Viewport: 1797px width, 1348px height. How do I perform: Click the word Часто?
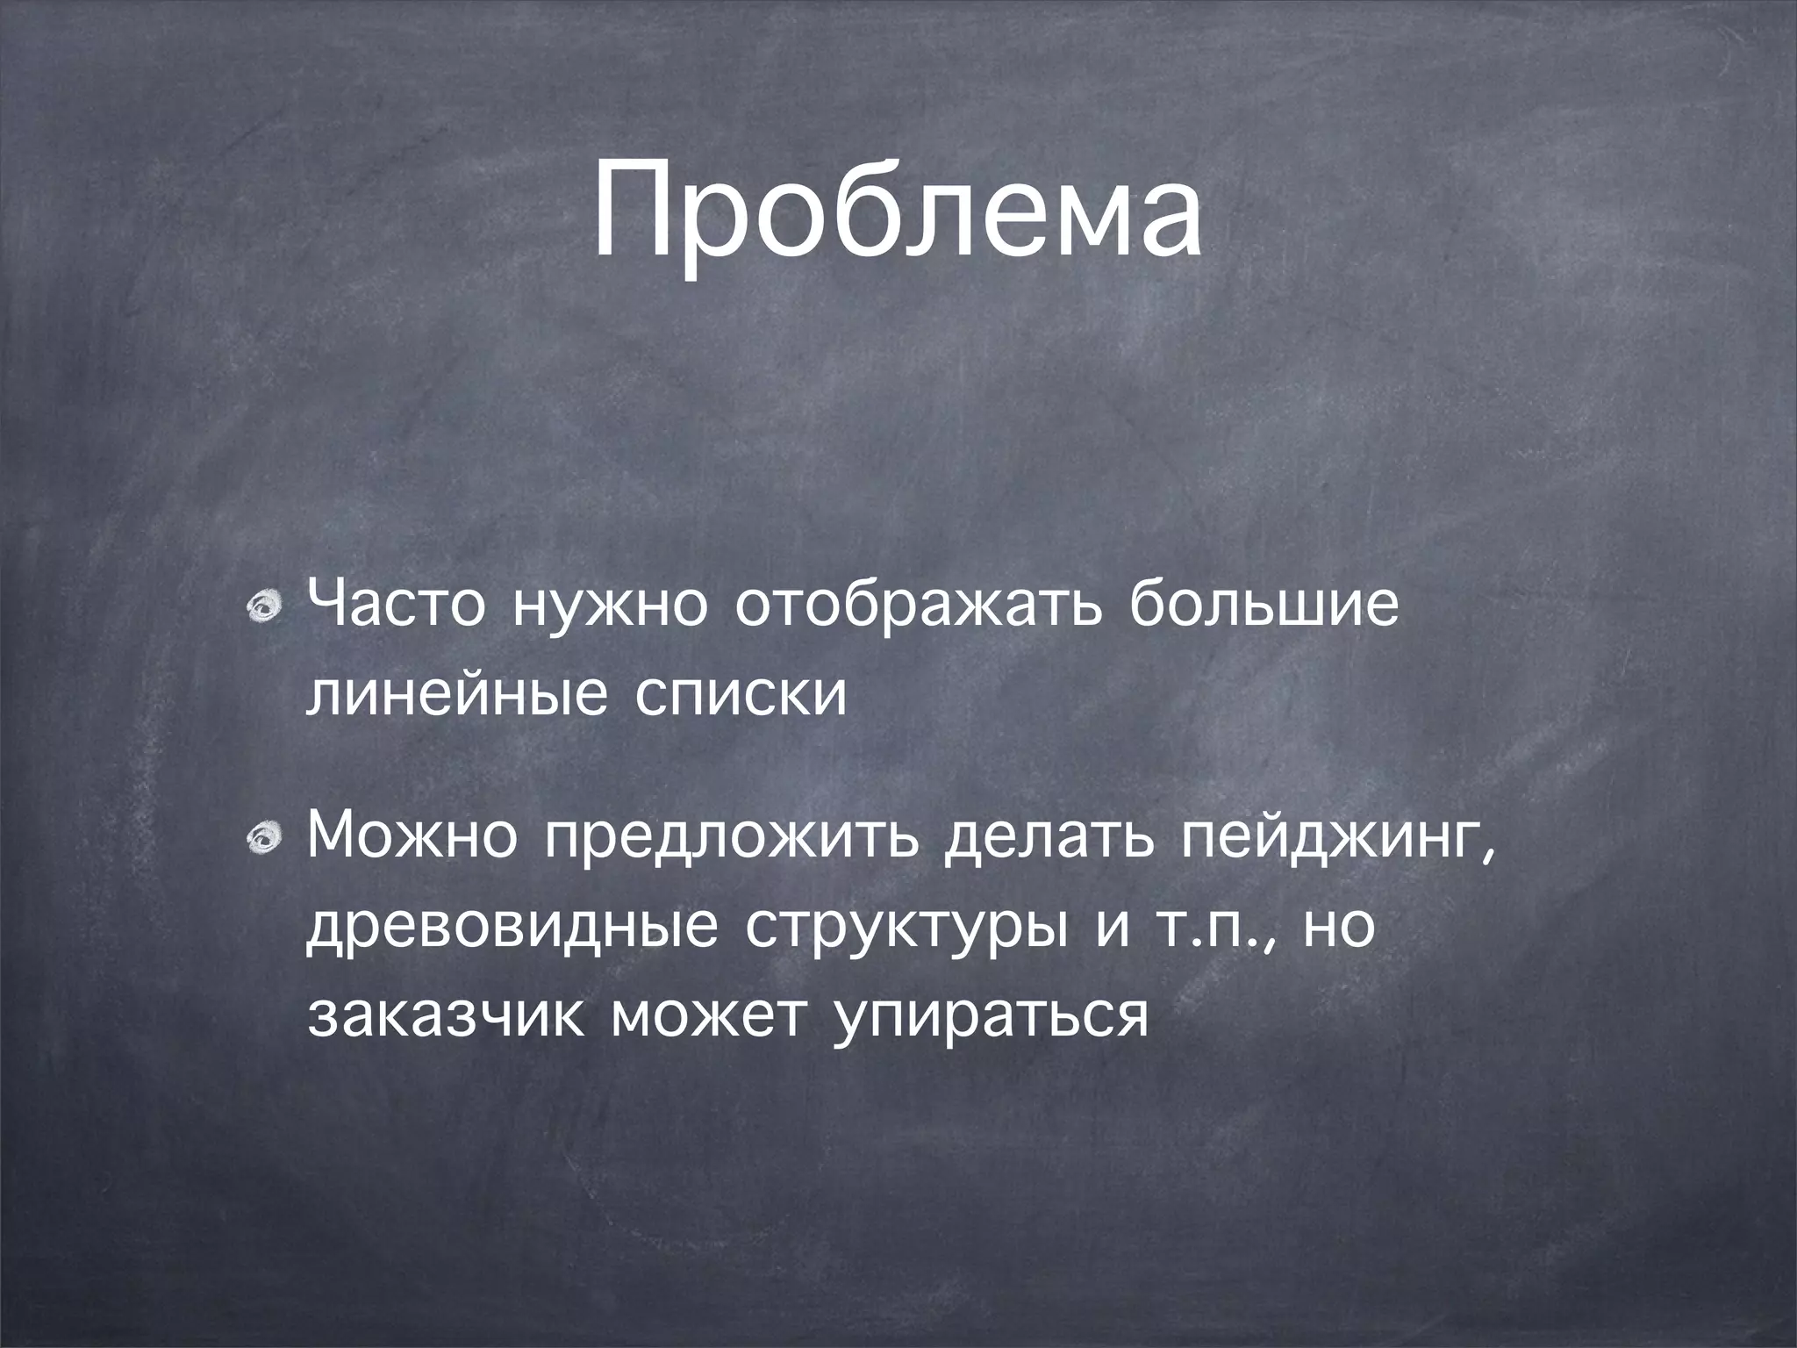click(x=395, y=606)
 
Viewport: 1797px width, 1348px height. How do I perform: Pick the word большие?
click(x=1263, y=606)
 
